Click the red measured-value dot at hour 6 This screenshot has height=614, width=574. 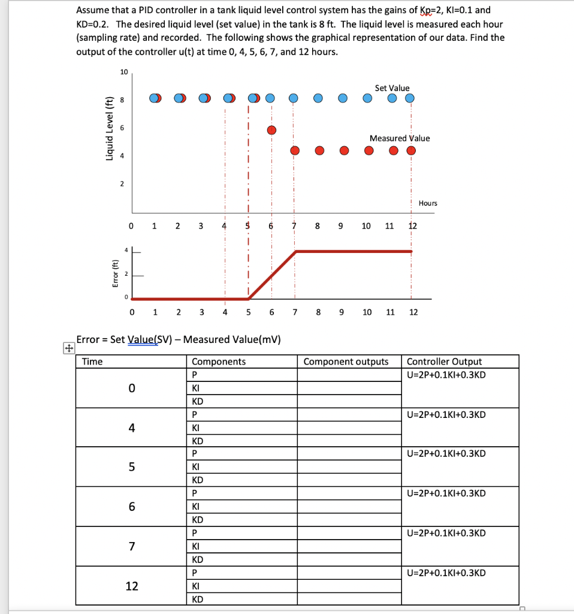(x=271, y=130)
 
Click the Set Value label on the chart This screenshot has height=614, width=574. (x=392, y=88)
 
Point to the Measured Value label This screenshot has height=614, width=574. (x=400, y=138)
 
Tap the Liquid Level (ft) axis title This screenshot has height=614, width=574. (x=109, y=128)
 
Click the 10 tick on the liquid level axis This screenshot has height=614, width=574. (x=124, y=72)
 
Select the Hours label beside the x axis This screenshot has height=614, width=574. (x=428, y=203)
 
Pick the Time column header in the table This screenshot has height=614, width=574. (x=92, y=362)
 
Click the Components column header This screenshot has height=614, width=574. (x=218, y=362)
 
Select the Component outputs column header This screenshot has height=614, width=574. (x=346, y=362)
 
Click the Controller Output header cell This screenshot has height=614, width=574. (x=444, y=362)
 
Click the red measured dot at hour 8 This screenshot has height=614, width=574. (x=319, y=151)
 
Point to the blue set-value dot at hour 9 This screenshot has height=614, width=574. (x=343, y=98)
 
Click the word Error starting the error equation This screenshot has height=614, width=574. (x=88, y=339)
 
